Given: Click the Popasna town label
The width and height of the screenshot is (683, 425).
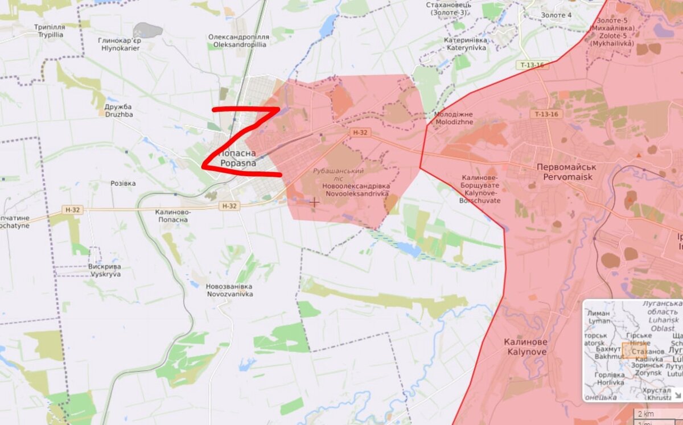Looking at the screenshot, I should click(238, 158).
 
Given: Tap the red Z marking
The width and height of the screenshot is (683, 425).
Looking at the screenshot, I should click(241, 139).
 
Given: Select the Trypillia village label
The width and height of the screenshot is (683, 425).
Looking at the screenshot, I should click(49, 31).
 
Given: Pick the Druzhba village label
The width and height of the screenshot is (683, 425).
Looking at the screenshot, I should click(118, 110).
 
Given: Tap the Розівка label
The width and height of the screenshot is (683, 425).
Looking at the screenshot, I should click(123, 184).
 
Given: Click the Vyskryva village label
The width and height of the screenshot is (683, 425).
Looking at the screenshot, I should click(104, 270).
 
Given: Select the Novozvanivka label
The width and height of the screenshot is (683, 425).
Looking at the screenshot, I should click(230, 290).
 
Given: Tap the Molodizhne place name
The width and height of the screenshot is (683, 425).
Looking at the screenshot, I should click(453, 118).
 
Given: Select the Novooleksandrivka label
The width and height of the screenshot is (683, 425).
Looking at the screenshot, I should click(355, 190).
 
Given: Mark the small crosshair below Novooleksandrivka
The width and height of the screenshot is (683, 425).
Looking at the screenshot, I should click(314, 202).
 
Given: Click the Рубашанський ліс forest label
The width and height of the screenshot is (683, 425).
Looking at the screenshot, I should click(338, 175).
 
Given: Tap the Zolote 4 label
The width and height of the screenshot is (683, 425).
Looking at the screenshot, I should click(556, 15).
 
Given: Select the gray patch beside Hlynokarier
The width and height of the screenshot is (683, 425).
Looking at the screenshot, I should click(147, 30).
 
